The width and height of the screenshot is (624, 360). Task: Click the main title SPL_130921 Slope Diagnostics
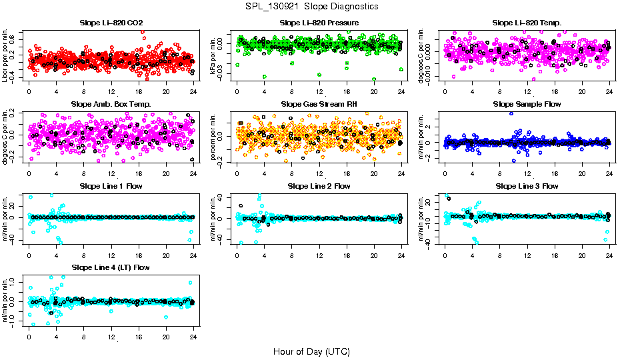pyautogui.click(x=312, y=6)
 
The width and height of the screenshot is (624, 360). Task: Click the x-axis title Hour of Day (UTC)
pyautogui.click(x=311, y=351)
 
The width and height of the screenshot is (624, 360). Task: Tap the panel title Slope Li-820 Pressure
pyautogui.click(x=319, y=23)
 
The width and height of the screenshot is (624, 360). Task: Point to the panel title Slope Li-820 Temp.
pyautogui.click(x=527, y=23)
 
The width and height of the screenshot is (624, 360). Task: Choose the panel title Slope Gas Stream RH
pyautogui.click(x=319, y=105)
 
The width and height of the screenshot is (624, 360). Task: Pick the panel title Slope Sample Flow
pyautogui.click(x=527, y=105)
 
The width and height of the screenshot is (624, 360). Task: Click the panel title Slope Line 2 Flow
pyautogui.click(x=319, y=186)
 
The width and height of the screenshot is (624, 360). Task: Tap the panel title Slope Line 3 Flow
pyautogui.click(x=527, y=186)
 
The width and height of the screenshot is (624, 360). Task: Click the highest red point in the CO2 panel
pyautogui.click(x=142, y=32)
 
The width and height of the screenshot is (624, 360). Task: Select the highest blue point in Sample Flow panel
pyautogui.click(x=511, y=113)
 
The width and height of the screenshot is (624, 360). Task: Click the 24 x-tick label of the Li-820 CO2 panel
pyautogui.click(x=193, y=92)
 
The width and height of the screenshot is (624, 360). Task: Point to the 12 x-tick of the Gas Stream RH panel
pyautogui.click(x=319, y=173)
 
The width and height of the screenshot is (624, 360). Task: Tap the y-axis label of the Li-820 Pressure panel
pyautogui.click(x=215, y=56)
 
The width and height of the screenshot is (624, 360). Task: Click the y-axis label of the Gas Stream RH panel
pyautogui.click(x=215, y=137)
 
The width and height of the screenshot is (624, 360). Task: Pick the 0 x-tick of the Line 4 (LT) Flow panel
pyautogui.click(x=29, y=336)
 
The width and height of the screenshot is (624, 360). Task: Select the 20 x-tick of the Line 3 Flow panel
pyautogui.click(x=581, y=255)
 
